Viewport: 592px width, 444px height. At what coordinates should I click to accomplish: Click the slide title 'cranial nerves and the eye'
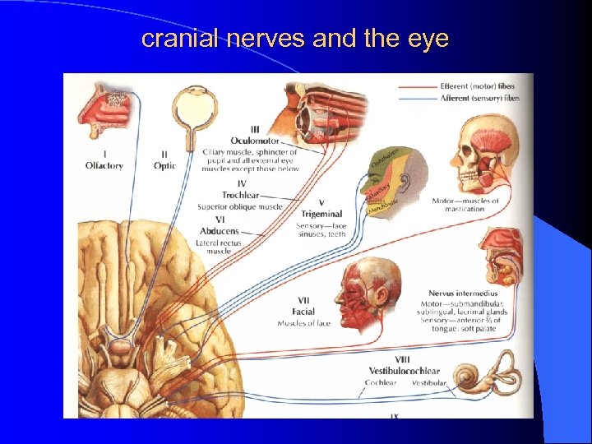(295, 39)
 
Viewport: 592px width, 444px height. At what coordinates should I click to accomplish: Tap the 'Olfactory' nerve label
(104, 165)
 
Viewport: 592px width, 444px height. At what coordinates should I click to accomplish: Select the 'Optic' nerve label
(164, 165)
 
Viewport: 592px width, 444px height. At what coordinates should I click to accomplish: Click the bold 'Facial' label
(303, 312)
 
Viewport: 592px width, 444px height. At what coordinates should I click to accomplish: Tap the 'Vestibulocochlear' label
(403, 371)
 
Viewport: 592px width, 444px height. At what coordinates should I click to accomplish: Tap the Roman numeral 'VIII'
(402, 359)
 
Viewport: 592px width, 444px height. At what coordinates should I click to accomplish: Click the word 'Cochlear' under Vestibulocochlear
(381, 382)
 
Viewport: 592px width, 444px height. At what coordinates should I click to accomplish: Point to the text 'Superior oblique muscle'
(239, 206)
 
